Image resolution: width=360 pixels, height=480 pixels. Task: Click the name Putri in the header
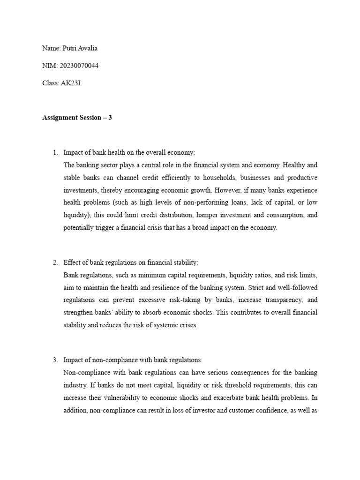pos(68,48)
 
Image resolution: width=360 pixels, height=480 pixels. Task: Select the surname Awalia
pos(89,48)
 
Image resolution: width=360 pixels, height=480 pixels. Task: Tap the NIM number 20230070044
pos(79,66)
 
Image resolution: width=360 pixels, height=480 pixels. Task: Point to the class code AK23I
pos(71,83)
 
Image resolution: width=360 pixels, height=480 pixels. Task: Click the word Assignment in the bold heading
pos(58,118)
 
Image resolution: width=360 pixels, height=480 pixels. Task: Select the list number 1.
pos(55,152)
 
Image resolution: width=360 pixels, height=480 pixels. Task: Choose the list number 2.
pos(55,262)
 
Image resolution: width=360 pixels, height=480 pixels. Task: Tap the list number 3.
pos(55,360)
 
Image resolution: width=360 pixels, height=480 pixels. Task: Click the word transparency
pos(277,300)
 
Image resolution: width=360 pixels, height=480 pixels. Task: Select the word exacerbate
pos(234,398)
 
